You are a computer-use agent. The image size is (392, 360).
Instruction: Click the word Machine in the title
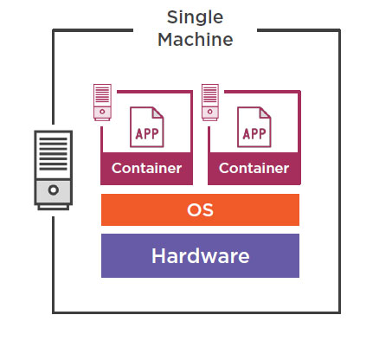196,40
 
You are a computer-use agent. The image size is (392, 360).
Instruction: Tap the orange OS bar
200,209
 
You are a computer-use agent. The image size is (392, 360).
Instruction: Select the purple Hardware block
200,255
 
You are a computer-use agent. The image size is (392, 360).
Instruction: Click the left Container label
146,168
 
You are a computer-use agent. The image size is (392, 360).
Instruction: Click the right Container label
254,168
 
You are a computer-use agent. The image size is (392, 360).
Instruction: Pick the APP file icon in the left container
147,127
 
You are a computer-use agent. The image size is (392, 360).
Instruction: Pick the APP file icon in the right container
254,127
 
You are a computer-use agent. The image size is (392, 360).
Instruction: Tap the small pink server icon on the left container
102,102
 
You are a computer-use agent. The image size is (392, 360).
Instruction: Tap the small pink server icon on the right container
210,102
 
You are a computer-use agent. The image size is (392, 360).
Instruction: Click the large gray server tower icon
54,170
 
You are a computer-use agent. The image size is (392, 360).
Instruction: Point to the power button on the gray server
54,190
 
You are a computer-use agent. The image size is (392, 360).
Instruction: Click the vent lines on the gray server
54,154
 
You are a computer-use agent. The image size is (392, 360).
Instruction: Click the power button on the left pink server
102,112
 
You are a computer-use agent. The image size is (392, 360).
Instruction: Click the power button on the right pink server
209,112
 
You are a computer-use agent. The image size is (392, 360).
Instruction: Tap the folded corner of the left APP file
158,112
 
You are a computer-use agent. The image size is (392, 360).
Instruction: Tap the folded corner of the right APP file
266,112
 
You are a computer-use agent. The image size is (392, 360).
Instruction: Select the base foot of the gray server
54,208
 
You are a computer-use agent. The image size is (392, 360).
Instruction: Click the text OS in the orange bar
200,210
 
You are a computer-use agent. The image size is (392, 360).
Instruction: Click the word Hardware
201,256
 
